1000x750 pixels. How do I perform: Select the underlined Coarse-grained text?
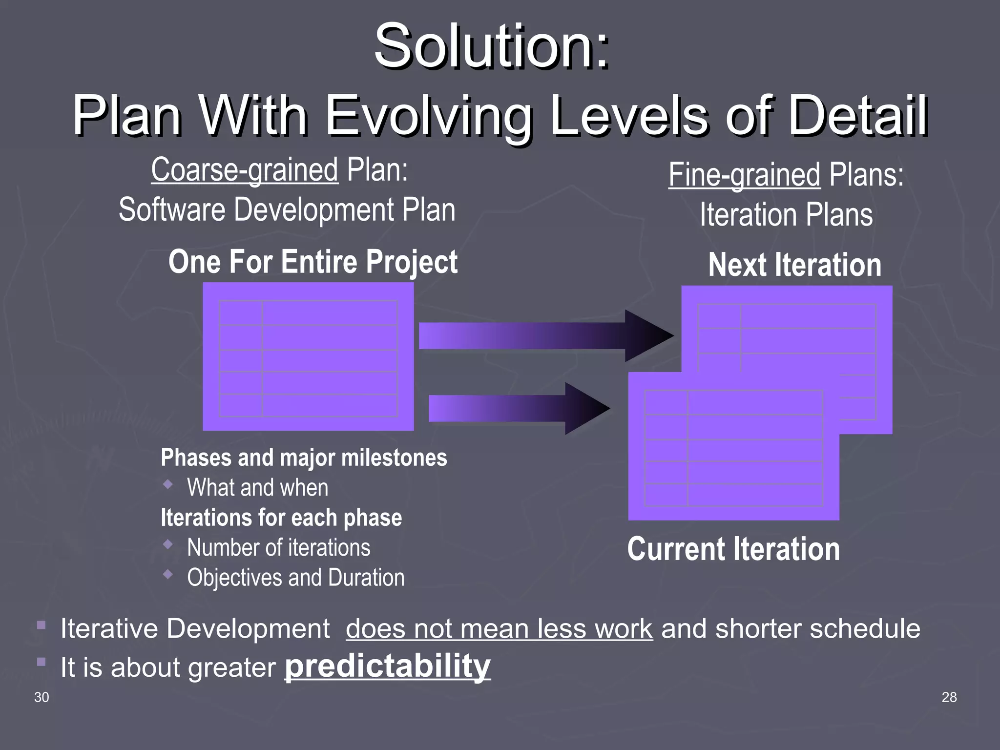click(x=244, y=170)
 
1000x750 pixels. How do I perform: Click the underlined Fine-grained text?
click(x=744, y=175)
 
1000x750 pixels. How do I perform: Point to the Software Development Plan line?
click(x=287, y=210)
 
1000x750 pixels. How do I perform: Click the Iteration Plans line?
click(x=786, y=215)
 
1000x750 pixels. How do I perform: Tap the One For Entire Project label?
click(x=312, y=262)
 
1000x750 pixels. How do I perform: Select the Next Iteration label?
click(x=795, y=265)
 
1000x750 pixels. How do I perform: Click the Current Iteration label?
click(x=733, y=549)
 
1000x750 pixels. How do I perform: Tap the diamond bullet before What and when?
click(x=168, y=484)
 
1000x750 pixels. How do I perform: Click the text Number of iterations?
click(x=278, y=548)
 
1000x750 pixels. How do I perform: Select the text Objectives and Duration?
click(x=295, y=578)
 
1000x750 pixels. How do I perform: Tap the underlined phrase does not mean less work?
click(x=499, y=628)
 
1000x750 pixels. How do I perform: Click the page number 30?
click(x=42, y=697)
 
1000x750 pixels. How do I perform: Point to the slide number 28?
click(x=949, y=697)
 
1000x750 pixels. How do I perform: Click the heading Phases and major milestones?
click(x=304, y=458)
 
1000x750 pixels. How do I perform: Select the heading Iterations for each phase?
click(x=281, y=518)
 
